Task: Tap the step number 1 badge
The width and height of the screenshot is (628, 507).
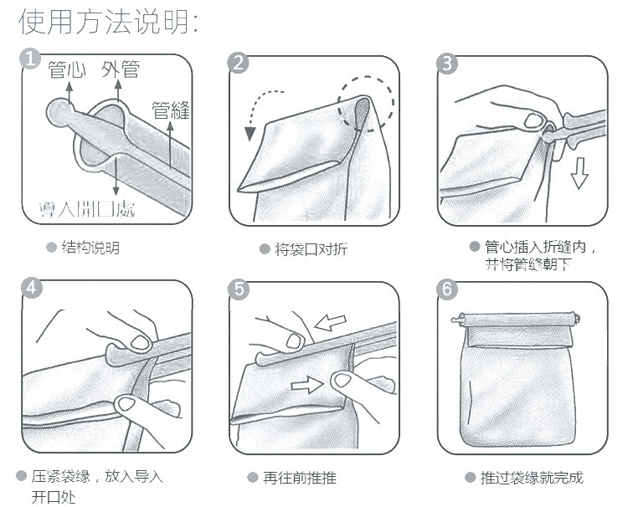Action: pyautogui.click(x=30, y=59)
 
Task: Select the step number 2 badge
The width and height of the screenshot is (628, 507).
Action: pyautogui.click(x=238, y=64)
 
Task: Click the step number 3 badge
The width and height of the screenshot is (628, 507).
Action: pyautogui.click(x=447, y=64)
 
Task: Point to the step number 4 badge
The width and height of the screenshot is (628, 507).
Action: pyautogui.click(x=32, y=288)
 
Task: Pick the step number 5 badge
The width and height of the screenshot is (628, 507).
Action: pyautogui.click(x=239, y=289)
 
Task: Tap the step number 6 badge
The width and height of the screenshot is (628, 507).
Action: pyautogui.click(x=447, y=289)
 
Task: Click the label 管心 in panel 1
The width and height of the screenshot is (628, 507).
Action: pyautogui.click(x=66, y=69)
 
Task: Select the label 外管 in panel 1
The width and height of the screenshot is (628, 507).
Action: pyautogui.click(x=120, y=69)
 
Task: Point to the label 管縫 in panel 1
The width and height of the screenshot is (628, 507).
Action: pyautogui.click(x=171, y=110)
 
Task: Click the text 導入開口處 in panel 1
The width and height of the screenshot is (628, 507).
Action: pyautogui.click(x=87, y=209)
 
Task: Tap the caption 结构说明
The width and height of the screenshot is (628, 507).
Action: pyautogui.click(x=90, y=248)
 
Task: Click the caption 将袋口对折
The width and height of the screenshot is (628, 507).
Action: pyautogui.click(x=311, y=249)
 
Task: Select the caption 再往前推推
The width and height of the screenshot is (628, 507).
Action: pyautogui.click(x=300, y=478)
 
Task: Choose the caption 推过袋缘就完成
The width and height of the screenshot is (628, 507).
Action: pyautogui.click(x=532, y=478)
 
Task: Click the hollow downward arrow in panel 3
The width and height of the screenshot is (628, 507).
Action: pyautogui.click(x=579, y=173)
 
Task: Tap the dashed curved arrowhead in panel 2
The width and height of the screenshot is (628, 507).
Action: pyautogui.click(x=250, y=134)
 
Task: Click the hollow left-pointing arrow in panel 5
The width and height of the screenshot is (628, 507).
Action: pyautogui.click(x=330, y=322)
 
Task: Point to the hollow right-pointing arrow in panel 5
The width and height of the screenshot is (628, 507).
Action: pyautogui.click(x=306, y=385)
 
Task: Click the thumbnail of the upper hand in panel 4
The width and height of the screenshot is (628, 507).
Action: pyautogui.click(x=140, y=343)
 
